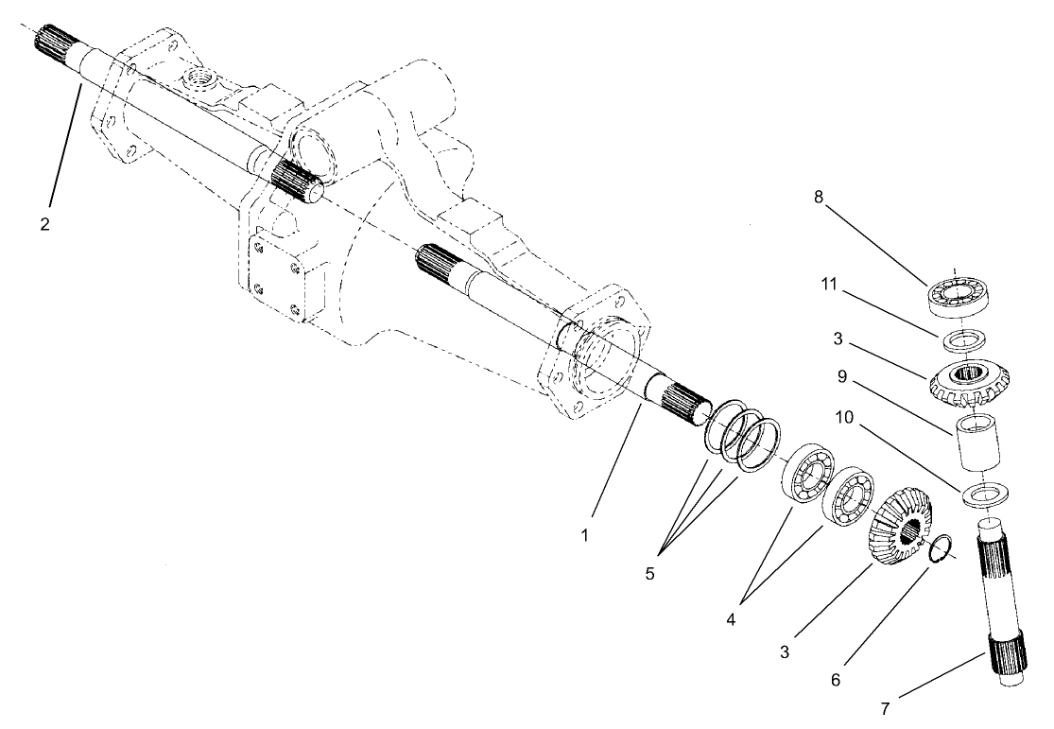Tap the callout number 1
(x=585, y=534)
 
